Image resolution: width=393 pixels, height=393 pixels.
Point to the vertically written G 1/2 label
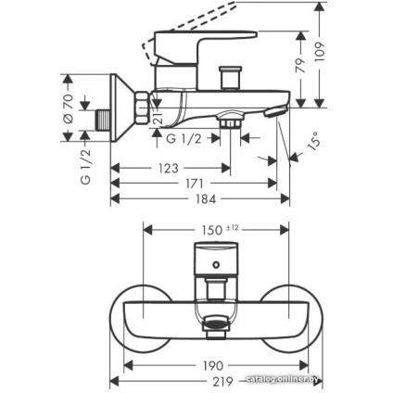85,166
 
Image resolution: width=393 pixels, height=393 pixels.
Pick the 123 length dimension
167,168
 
